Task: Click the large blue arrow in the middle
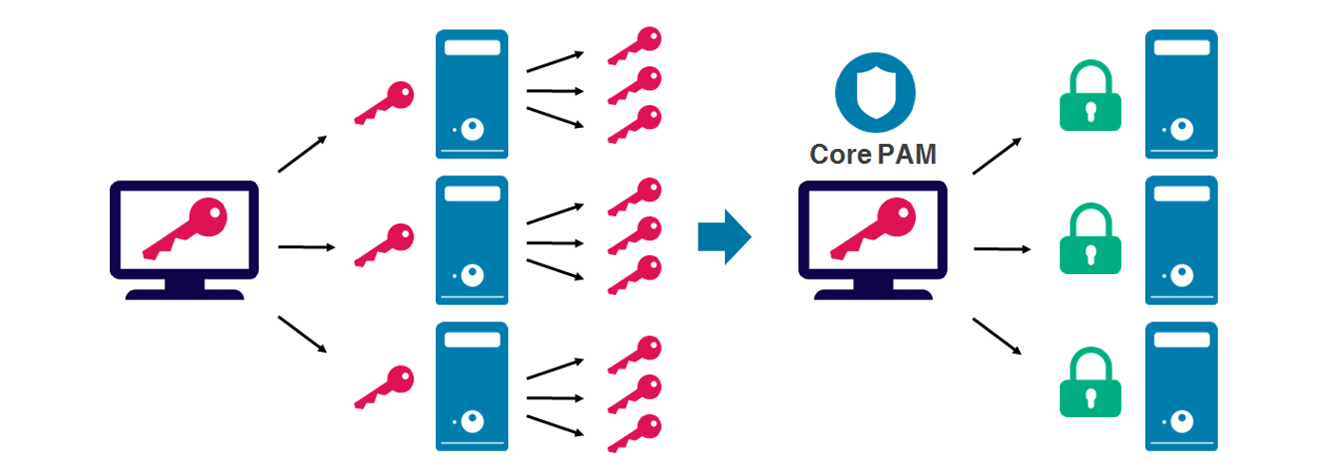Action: [x=724, y=237]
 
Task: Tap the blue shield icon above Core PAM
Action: [x=875, y=92]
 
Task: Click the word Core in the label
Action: [x=840, y=154]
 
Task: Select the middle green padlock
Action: [x=1089, y=242]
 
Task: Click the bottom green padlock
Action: [x=1089, y=383]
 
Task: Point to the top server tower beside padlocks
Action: [x=1181, y=94]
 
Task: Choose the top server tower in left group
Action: [x=471, y=94]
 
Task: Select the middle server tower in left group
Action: [x=471, y=240]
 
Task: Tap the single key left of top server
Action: [x=385, y=103]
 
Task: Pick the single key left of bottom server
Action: [x=385, y=387]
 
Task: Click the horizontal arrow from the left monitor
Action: [x=306, y=247]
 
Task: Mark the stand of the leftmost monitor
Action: [x=186, y=290]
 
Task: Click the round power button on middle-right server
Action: [x=1181, y=275]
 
